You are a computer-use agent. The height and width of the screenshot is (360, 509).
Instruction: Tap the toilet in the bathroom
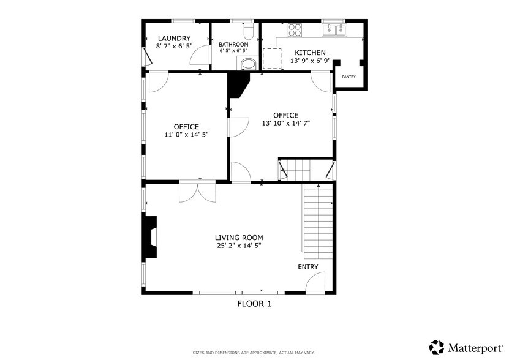tap(248, 31)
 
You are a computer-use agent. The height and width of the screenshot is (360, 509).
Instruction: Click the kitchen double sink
tap(334, 30)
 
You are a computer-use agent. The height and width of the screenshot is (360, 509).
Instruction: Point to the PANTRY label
tap(349, 77)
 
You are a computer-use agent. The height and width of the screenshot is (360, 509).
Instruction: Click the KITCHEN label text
tap(310, 53)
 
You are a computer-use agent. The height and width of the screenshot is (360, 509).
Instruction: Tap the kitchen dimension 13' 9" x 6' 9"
tap(310, 61)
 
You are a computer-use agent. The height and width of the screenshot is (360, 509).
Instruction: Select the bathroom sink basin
tap(249, 64)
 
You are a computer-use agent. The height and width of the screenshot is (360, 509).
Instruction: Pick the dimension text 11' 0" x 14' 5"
tap(186, 135)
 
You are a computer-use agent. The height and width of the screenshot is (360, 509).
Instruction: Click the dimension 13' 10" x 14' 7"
tap(285, 123)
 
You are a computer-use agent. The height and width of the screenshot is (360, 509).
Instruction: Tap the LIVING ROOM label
tap(239, 238)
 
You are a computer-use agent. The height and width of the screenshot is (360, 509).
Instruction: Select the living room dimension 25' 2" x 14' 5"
tap(239, 246)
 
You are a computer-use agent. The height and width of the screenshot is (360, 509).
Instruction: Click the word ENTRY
tap(308, 267)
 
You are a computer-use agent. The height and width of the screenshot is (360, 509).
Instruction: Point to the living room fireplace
tap(150, 239)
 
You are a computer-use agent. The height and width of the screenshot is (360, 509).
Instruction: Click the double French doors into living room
tap(197, 192)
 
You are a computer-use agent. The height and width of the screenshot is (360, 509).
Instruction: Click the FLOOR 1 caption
tap(254, 303)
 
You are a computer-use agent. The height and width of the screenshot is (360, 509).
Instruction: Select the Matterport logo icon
tap(437, 347)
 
